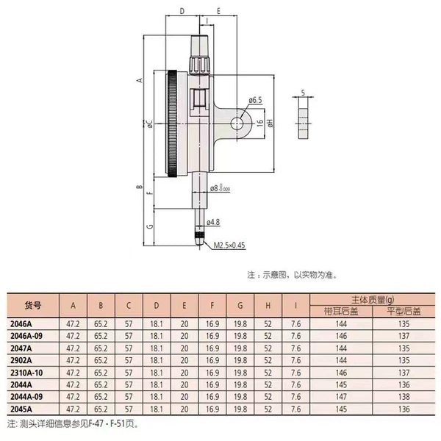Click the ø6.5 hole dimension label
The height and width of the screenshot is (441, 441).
[255, 100]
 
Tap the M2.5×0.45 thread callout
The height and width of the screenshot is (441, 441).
[229, 245]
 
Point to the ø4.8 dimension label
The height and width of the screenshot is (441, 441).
[213, 222]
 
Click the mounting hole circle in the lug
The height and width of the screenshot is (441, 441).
[237, 123]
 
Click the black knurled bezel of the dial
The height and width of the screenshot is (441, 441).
[173, 123]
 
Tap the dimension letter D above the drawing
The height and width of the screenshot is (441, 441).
[182, 11]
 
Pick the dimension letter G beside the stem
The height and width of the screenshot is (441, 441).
[151, 226]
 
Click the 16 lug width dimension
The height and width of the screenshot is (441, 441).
[260, 122]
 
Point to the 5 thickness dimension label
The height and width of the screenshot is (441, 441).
[303, 93]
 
